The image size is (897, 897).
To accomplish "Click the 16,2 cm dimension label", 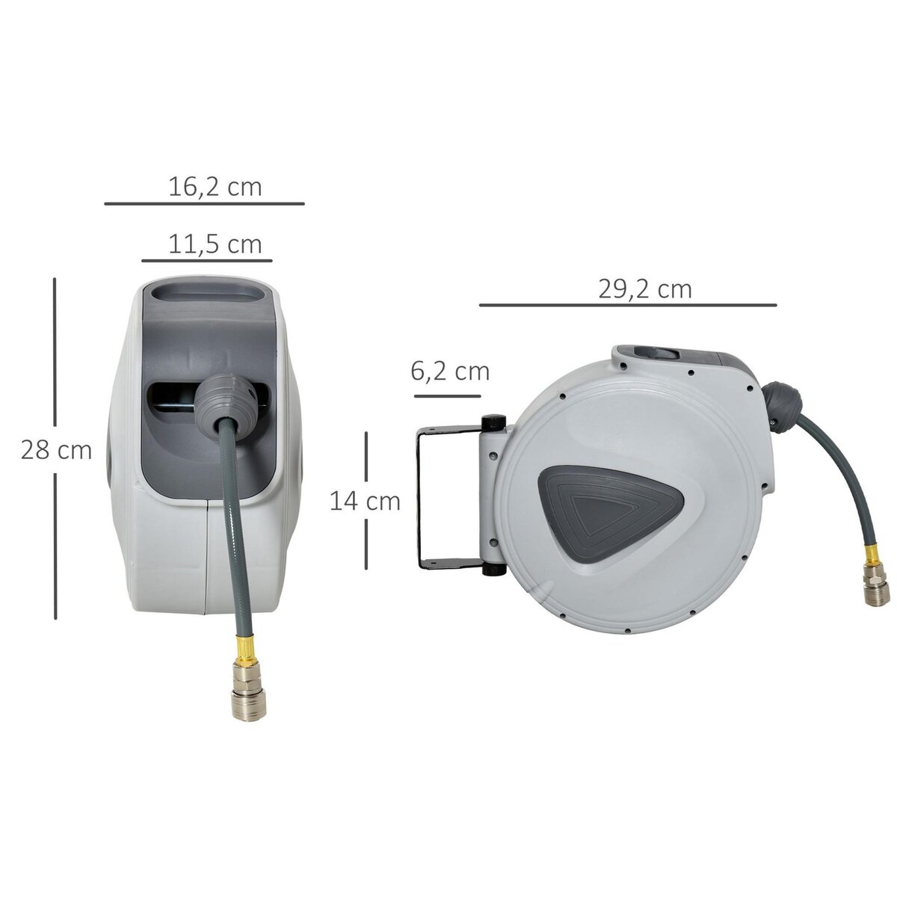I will tap(215, 186).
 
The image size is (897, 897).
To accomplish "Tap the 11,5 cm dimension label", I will tap(215, 244).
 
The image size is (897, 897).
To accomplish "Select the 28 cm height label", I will tap(56, 451).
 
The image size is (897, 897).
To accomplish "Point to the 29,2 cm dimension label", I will tap(644, 289).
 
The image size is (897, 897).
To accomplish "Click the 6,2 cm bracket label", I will tap(450, 371).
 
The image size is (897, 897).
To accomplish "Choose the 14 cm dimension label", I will tap(365, 501).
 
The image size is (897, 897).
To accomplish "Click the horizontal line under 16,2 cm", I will tap(204, 203).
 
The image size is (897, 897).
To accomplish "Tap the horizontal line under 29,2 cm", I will tap(628, 305).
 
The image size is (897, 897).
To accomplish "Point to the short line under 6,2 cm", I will tap(447, 395).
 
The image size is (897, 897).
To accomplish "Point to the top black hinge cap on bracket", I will tap(494, 424).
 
